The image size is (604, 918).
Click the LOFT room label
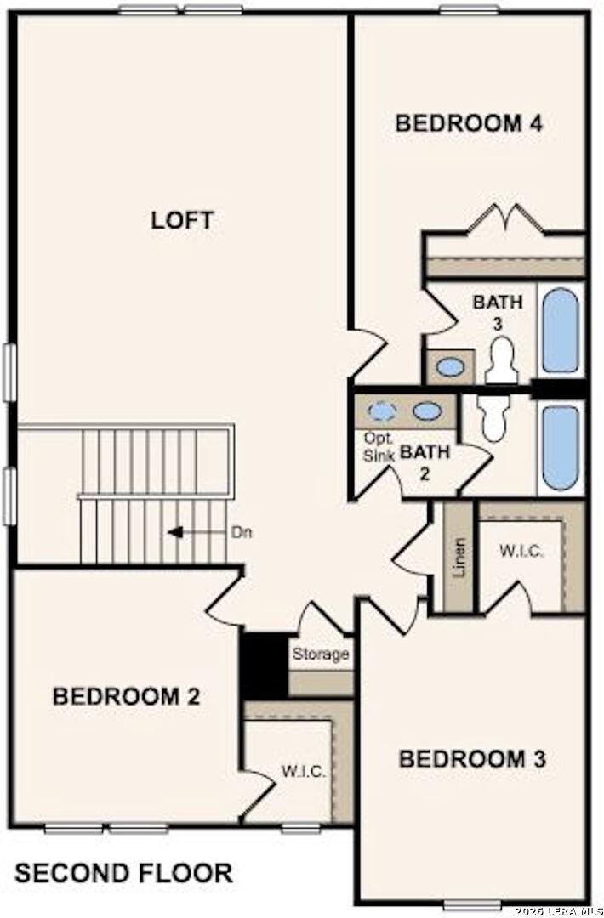tap(182, 220)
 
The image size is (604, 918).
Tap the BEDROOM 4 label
tap(469, 123)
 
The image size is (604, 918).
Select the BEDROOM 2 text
tap(126, 697)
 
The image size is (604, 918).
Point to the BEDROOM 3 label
tap(472, 758)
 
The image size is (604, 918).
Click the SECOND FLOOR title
tap(123, 873)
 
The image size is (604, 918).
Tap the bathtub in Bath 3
tap(561, 331)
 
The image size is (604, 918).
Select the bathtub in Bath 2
tap(561, 447)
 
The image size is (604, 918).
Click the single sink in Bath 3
tap(449, 367)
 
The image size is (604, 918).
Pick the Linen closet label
tap(459, 558)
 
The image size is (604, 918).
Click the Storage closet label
tap(321, 654)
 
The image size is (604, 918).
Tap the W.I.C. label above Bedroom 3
tap(521, 550)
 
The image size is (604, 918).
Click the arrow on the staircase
tap(177, 532)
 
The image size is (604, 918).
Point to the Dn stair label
tap(241, 532)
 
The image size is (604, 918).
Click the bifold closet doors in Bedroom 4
tap(506, 218)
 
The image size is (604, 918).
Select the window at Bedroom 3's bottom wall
tap(471, 903)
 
